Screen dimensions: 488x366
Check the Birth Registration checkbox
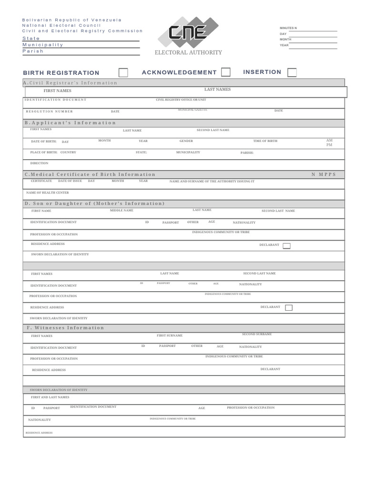(x=123, y=72)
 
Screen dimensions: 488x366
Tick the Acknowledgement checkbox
(x=226, y=72)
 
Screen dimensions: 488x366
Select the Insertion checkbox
(x=292, y=72)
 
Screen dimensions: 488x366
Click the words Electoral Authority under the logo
(x=188, y=52)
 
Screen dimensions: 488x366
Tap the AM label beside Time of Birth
(x=329, y=140)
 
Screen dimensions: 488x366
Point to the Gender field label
(x=186, y=141)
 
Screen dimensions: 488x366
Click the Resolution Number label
(x=49, y=111)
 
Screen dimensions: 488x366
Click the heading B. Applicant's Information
(x=70, y=123)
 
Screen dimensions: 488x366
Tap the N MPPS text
(x=324, y=175)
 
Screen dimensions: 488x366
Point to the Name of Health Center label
(x=47, y=193)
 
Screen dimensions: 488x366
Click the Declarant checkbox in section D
(x=286, y=246)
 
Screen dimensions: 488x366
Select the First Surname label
(x=170, y=335)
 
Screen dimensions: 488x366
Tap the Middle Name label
(x=122, y=210)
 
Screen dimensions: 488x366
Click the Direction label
(x=39, y=163)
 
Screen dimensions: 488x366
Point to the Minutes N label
(x=288, y=28)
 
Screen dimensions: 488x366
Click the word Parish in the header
(x=32, y=51)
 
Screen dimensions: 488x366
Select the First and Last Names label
(x=50, y=397)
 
